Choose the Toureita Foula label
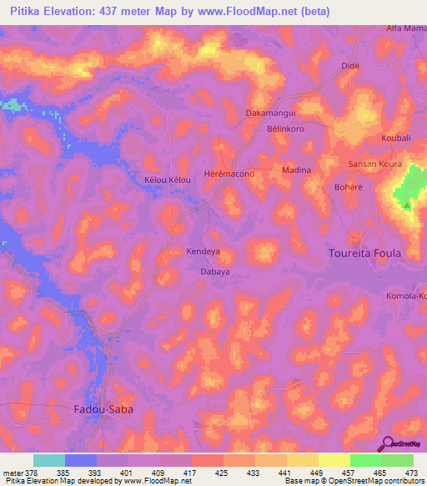point(364,253)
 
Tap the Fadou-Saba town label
point(98,409)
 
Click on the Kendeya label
point(203,251)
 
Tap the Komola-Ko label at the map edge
point(406,296)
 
